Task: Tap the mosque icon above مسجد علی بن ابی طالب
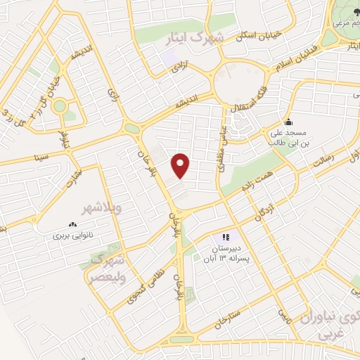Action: (x=287, y=121)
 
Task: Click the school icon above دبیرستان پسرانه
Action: (x=226, y=237)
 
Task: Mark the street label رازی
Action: (x=114, y=92)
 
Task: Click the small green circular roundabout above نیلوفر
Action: (x=59, y=107)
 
